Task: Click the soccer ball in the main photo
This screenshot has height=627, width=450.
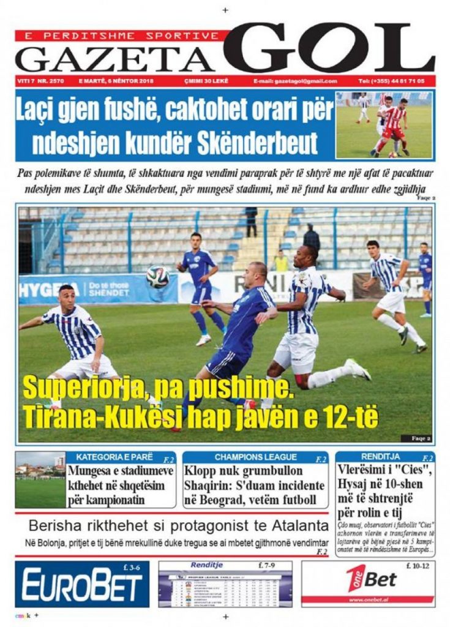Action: coord(157,276)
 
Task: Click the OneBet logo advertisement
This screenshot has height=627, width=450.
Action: coord(369,579)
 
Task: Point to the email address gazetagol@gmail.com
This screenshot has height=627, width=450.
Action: coord(295,81)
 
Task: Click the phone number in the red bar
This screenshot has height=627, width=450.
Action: coord(395,81)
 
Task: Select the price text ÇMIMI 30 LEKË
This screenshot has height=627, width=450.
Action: coord(204,81)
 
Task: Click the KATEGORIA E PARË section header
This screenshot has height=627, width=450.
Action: coord(111,457)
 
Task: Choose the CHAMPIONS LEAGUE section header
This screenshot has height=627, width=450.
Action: coord(255,457)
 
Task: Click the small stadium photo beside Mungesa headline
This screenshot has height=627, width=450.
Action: coord(40,480)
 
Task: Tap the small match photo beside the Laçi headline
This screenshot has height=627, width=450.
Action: coord(384,125)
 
